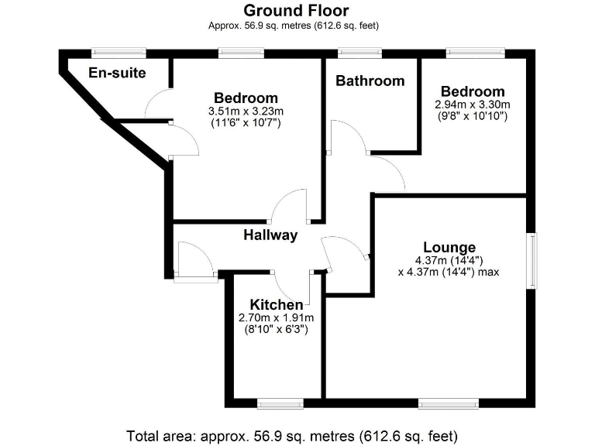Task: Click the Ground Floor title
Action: pos(296,11)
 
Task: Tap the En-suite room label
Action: pos(118,74)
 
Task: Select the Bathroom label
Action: pos(370,81)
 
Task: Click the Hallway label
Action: pos(270,235)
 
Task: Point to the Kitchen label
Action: pos(277,305)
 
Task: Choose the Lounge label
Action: pos(449,248)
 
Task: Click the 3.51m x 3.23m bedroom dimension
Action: pos(246,111)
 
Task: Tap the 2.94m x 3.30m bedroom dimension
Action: pos(473,105)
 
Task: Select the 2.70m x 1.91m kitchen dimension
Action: pos(277,317)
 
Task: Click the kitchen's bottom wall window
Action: pos(280,403)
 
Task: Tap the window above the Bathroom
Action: pos(359,53)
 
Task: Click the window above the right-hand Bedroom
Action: pos(476,53)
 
